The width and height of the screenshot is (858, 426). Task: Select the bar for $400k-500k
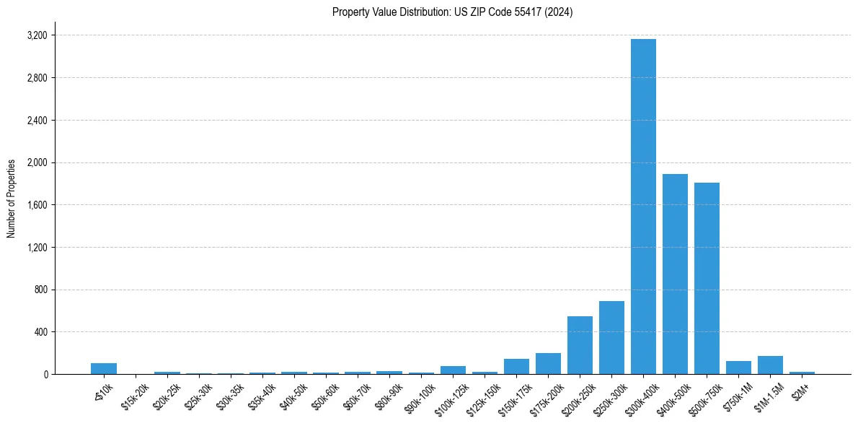pyautogui.click(x=675, y=274)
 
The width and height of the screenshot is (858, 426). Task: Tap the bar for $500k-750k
pyautogui.click(x=707, y=279)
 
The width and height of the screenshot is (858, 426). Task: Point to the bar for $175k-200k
pyautogui.click(x=548, y=364)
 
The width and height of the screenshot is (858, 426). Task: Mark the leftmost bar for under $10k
pyautogui.click(x=104, y=369)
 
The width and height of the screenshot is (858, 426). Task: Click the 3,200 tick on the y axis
pyautogui.click(x=37, y=35)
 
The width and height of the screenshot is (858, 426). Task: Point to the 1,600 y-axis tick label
pyautogui.click(x=37, y=205)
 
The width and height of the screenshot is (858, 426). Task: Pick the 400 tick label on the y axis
pyautogui.click(x=42, y=332)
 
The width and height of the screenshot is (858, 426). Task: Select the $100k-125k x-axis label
pyautogui.click(x=452, y=395)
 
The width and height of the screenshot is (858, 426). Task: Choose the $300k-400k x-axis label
pyautogui.click(x=642, y=395)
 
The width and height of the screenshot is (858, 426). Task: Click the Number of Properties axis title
pyautogui.click(x=11, y=199)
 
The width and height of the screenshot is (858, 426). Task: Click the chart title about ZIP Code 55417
pyautogui.click(x=452, y=12)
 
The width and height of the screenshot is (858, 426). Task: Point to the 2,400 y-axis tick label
pyautogui.click(x=37, y=121)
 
